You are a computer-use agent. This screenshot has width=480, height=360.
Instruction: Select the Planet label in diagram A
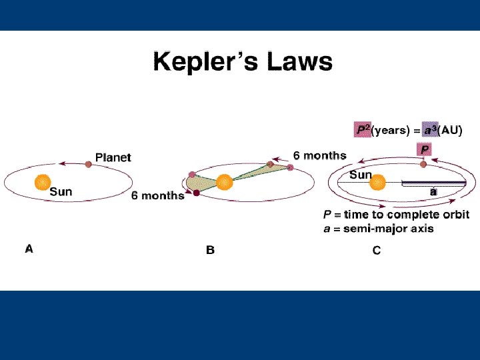tap(113, 157)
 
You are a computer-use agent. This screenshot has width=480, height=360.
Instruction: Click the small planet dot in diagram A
tap(88, 163)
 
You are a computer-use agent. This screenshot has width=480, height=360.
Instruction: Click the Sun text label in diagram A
tap(61, 192)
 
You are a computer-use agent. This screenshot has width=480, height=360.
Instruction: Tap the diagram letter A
tap(29, 249)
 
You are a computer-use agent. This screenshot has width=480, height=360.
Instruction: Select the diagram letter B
tap(209, 251)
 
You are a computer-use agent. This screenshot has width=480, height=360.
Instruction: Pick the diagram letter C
tap(377, 251)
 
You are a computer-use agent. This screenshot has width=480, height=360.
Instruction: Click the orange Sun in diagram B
tap(224, 181)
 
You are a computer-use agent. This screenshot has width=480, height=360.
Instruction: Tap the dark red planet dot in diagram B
tap(197, 193)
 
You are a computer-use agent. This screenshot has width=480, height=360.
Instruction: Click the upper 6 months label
tap(319, 155)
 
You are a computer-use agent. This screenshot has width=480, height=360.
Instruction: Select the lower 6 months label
tap(157, 195)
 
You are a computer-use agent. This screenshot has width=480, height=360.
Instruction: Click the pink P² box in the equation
tap(363, 130)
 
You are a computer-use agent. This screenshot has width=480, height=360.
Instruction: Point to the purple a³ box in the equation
tap(430, 130)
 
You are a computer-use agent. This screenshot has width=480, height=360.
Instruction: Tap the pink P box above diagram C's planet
tap(425, 149)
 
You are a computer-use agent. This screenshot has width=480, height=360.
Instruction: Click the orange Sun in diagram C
tap(377, 182)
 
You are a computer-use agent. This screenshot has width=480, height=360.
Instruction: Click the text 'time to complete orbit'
tap(407, 215)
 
